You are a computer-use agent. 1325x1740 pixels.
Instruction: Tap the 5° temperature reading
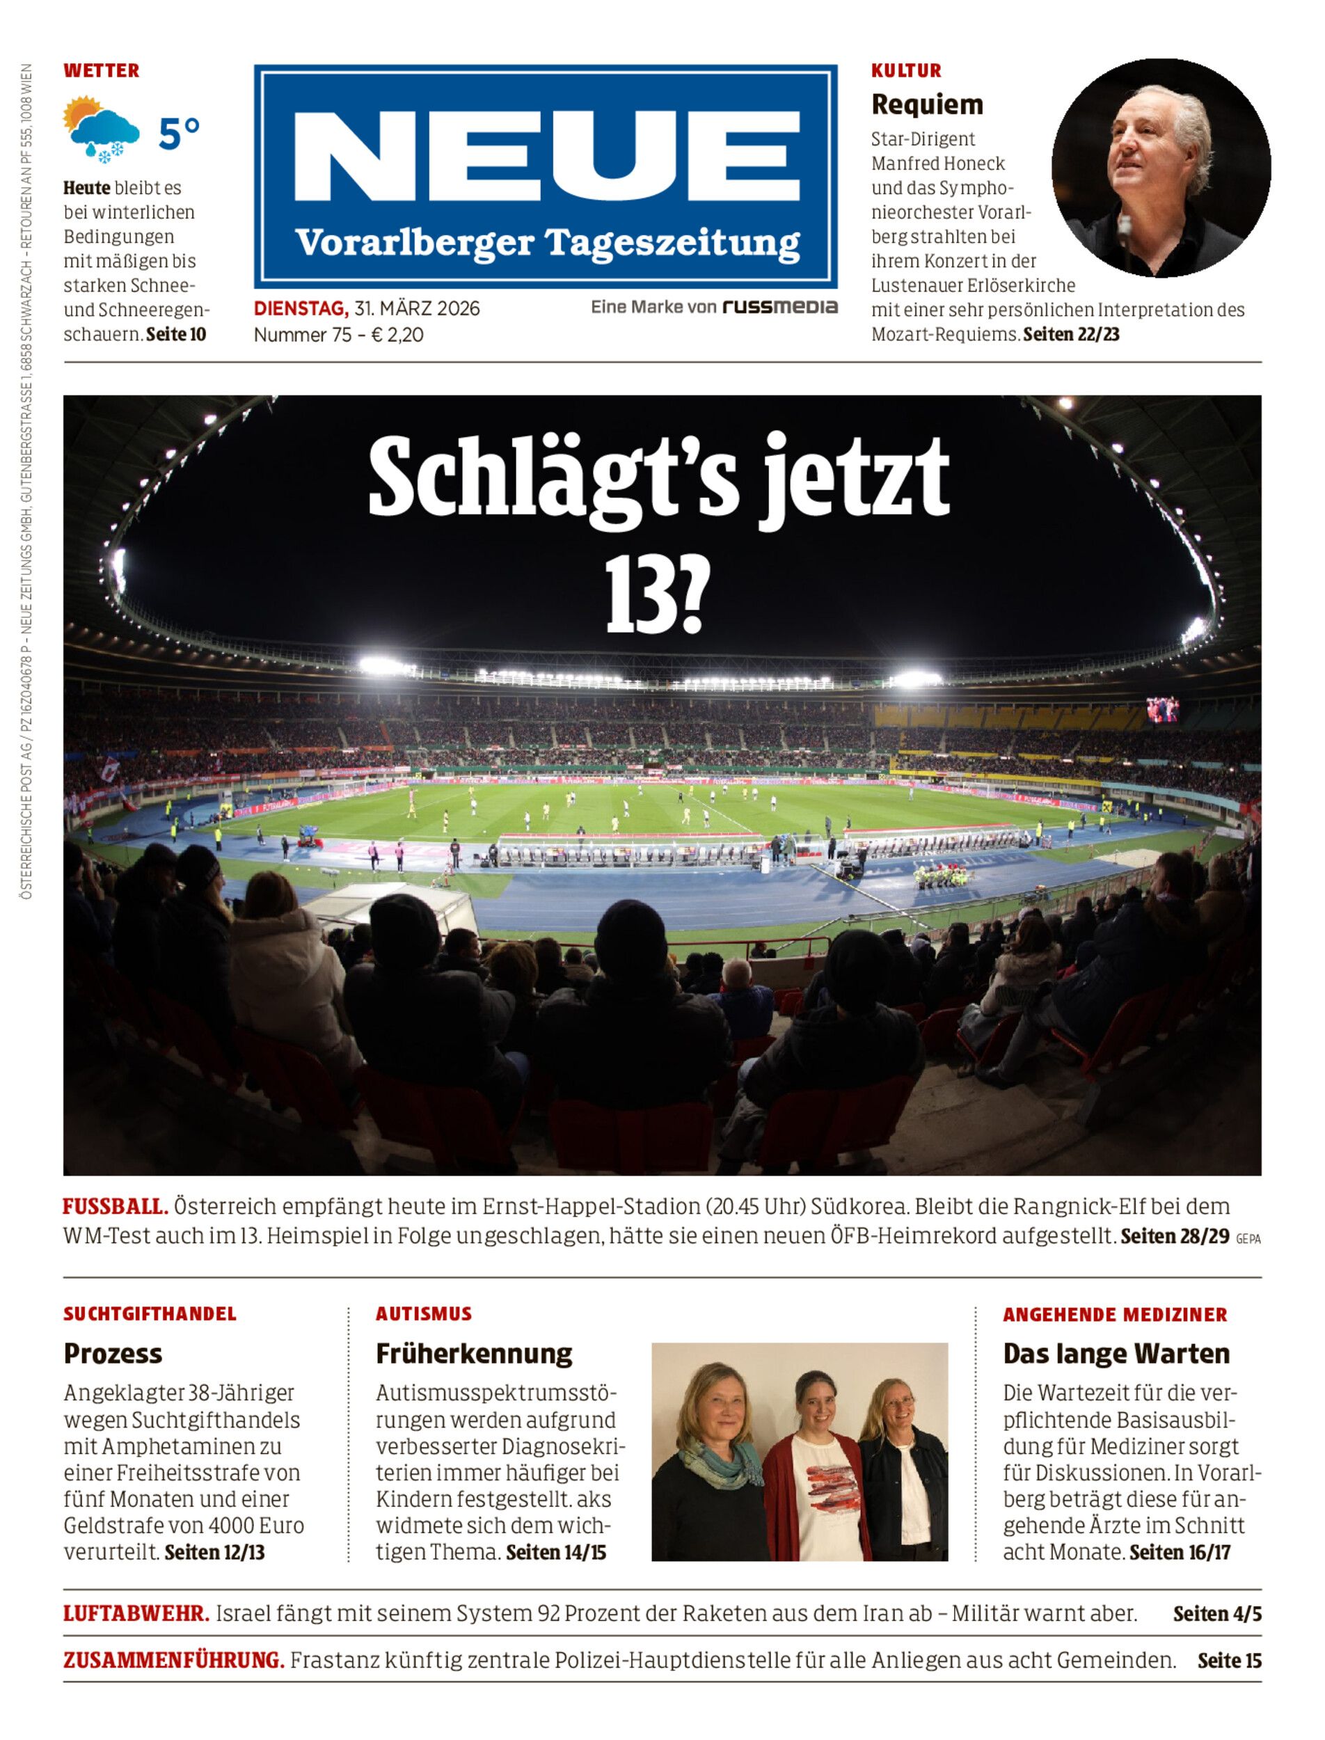[x=179, y=134]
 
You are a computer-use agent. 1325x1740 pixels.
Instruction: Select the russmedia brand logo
[x=780, y=307]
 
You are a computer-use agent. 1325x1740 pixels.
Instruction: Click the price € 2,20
[x=397, y=335]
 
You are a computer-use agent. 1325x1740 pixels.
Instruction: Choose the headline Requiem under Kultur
[x=927, y=104]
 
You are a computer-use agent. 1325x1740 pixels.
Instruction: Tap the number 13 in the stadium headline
[x=640, y=599]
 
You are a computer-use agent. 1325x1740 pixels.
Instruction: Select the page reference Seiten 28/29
[x=1175, y=1236]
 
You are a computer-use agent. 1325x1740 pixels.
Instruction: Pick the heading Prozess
[x=113, y=1354]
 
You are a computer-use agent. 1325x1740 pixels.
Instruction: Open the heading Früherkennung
[x=474, y=1354]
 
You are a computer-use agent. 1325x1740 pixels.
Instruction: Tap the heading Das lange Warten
[x=1116, y=1354]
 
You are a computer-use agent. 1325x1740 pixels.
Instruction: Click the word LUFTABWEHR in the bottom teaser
[x=136, y=1614]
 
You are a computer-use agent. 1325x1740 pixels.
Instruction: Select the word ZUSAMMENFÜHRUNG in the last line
[x=173, y=1661]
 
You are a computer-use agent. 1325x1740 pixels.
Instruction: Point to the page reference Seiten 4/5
[x=1217, y=1614]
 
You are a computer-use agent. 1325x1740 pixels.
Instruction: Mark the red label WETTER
[x=102, y=70]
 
